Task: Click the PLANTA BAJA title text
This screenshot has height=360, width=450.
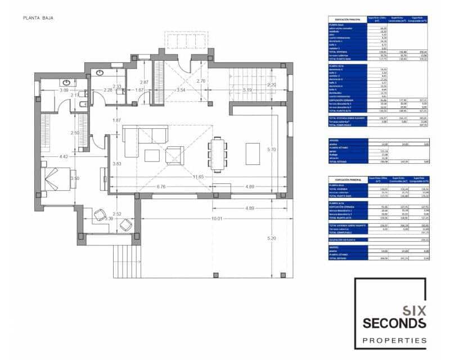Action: [38, 18]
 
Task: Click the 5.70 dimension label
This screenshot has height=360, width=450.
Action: [272, 150]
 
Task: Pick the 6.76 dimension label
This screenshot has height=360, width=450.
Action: [161, 186]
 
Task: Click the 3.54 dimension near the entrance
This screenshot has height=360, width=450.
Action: [181, 90]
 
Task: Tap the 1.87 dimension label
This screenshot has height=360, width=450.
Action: [117, 120]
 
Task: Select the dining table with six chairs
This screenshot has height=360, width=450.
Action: [218, 154]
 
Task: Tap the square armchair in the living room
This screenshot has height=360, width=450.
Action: [174, 154]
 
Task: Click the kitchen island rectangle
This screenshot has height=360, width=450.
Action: [253, 154]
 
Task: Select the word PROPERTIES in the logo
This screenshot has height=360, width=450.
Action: [394, 340]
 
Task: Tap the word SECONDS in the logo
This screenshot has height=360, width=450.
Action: [394, 323]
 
